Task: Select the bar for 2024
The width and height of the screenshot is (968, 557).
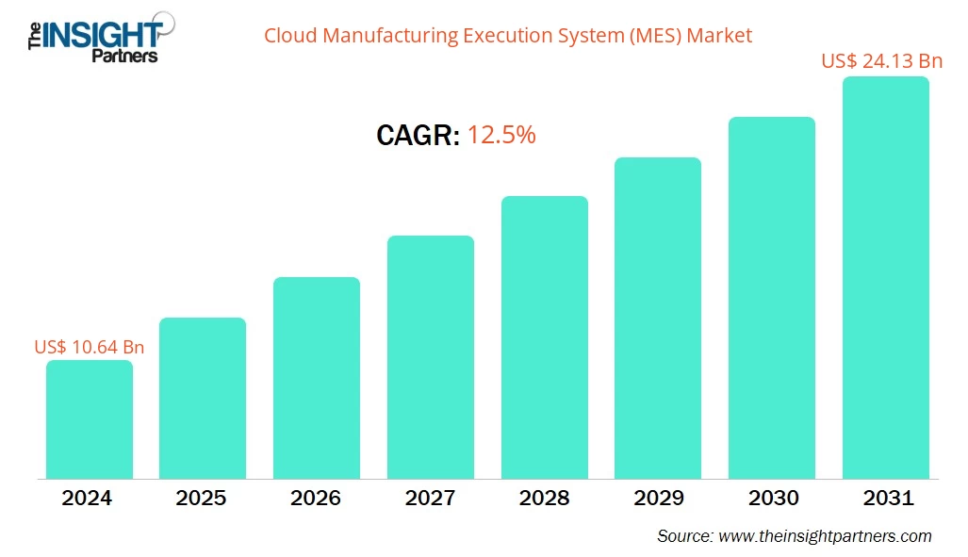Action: (x=89, y=419)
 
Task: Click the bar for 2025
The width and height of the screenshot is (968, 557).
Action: (x=203, y=398)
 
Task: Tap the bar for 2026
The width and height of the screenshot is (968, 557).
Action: (x=317, y=378)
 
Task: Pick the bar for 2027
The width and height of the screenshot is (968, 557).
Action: (x=431, y=357)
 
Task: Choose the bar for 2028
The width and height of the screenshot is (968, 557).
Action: (x=545, y=337)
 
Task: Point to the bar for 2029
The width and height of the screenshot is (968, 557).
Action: (x=658, y=318)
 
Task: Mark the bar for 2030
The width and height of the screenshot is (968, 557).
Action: (x=772, y=298)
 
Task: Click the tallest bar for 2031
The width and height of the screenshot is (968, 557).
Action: (x=886, y=277)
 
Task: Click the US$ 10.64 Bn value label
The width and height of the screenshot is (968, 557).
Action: (x=89, y=347)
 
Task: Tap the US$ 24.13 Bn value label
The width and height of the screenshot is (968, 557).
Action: (x=881, y=61)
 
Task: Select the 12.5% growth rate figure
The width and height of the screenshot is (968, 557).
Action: (x=501, y=136)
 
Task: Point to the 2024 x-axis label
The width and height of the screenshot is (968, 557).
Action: (x=87, y=498)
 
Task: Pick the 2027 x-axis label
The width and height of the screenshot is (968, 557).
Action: (x=430, y=498)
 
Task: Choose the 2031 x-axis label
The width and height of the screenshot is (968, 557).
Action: (x=886, y=498)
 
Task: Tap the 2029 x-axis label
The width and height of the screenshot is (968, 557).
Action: (x=658, y=498)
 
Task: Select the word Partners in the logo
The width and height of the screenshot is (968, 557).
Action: (x=123, y=56)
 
